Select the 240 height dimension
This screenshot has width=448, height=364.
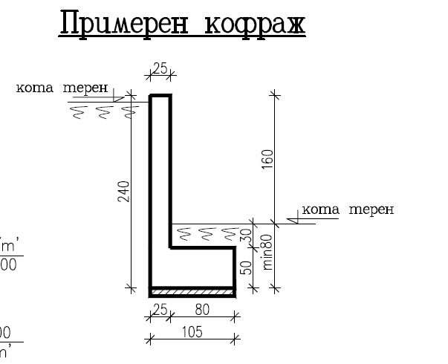tap(128, 192)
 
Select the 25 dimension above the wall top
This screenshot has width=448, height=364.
tap(160, 68)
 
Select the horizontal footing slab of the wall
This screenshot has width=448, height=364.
tap(193, 267)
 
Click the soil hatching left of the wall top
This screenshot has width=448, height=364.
tap(104, 112)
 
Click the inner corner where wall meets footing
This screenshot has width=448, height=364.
tap(171, 248)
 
